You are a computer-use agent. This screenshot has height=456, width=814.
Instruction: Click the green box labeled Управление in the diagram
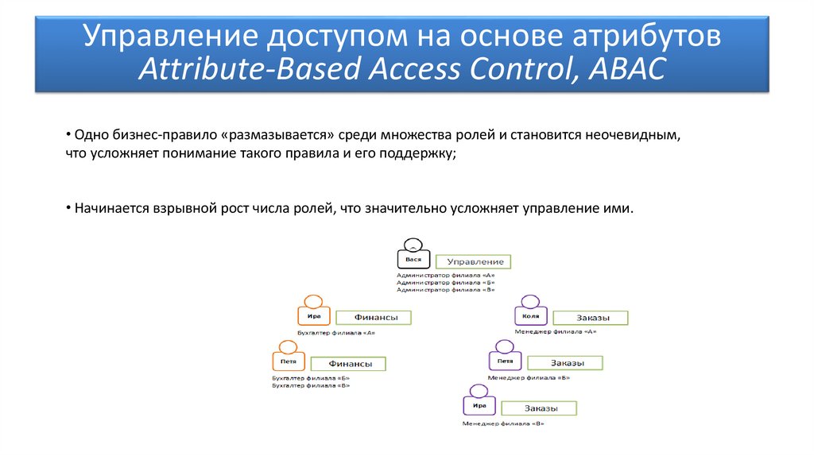(x=475, y=261)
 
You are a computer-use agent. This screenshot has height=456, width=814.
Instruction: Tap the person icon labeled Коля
(x=530, y=312)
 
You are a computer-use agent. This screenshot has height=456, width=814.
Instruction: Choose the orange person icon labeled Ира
(x=313, y=312)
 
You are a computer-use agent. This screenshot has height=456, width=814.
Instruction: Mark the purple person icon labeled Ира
(x=479, y=401)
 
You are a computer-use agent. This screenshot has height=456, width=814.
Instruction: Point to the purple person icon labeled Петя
(x=505, y=357)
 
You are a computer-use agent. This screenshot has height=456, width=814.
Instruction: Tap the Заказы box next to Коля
(x=591, y=318)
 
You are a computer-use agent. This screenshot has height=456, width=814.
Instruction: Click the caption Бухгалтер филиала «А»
(x=335, y=333)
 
